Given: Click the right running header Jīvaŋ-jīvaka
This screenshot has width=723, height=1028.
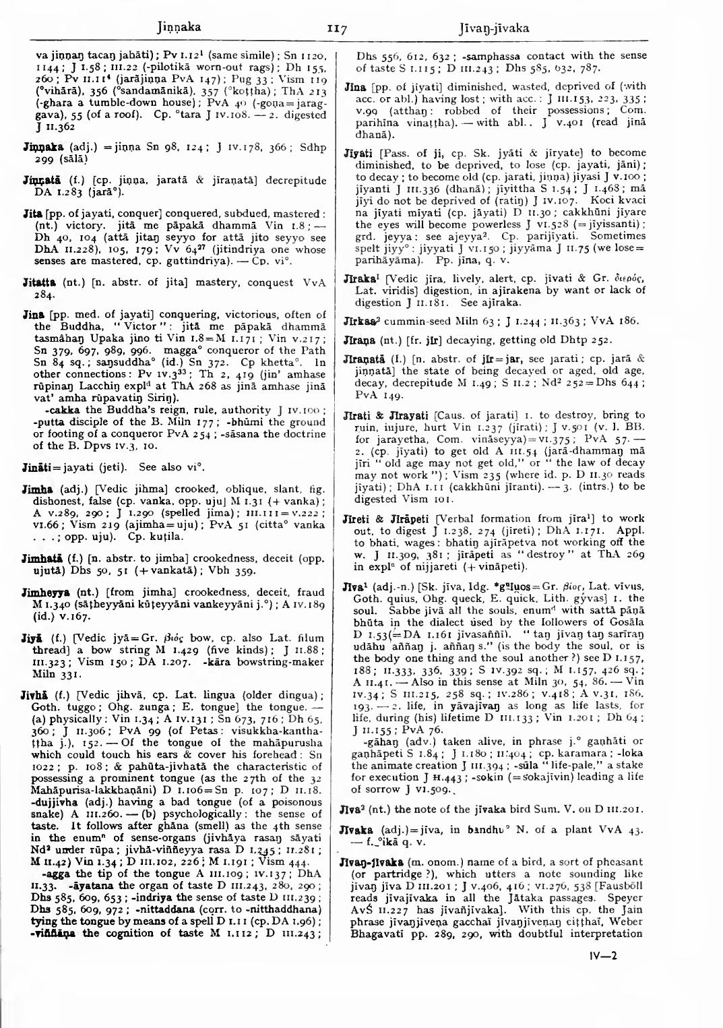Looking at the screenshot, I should coord(493,28).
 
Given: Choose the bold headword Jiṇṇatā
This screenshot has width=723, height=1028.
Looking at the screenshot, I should coord(39,181).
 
